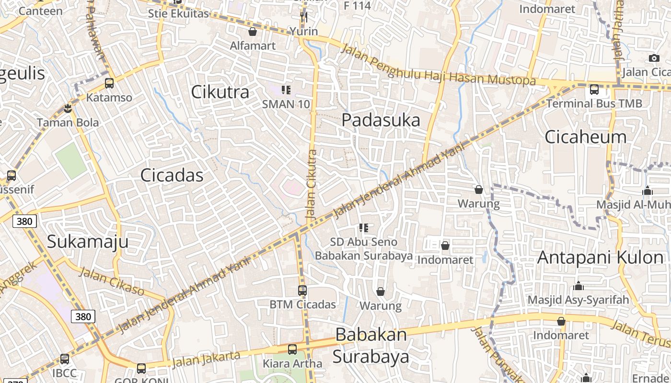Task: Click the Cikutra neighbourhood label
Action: click(x=220, y=91)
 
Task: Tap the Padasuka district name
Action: click(x=381, y=120)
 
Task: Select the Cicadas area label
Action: click(x=172, y=175)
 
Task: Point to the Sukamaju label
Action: click(x=88, y=241)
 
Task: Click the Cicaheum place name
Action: click(x=585, y=137)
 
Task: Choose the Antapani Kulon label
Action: click(x=600, y=258)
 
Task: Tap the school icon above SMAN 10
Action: click(x=286, y=90)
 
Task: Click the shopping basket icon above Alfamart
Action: click(x=253, y=32)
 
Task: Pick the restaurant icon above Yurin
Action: click(x=303, y=17)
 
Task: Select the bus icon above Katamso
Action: click(x=109, y=83)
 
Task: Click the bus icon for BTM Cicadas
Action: click(x=302, y=290)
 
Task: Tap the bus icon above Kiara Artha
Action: click(x=292, y=349)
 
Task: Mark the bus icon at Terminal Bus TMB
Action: click(x=594, y=89)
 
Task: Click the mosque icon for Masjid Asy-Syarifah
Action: click(x=578, y=286)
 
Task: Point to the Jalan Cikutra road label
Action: click(x=312, y=185)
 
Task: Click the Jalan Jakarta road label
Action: click(x=206, y=360)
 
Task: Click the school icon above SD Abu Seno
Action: click(x=364, y=228)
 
